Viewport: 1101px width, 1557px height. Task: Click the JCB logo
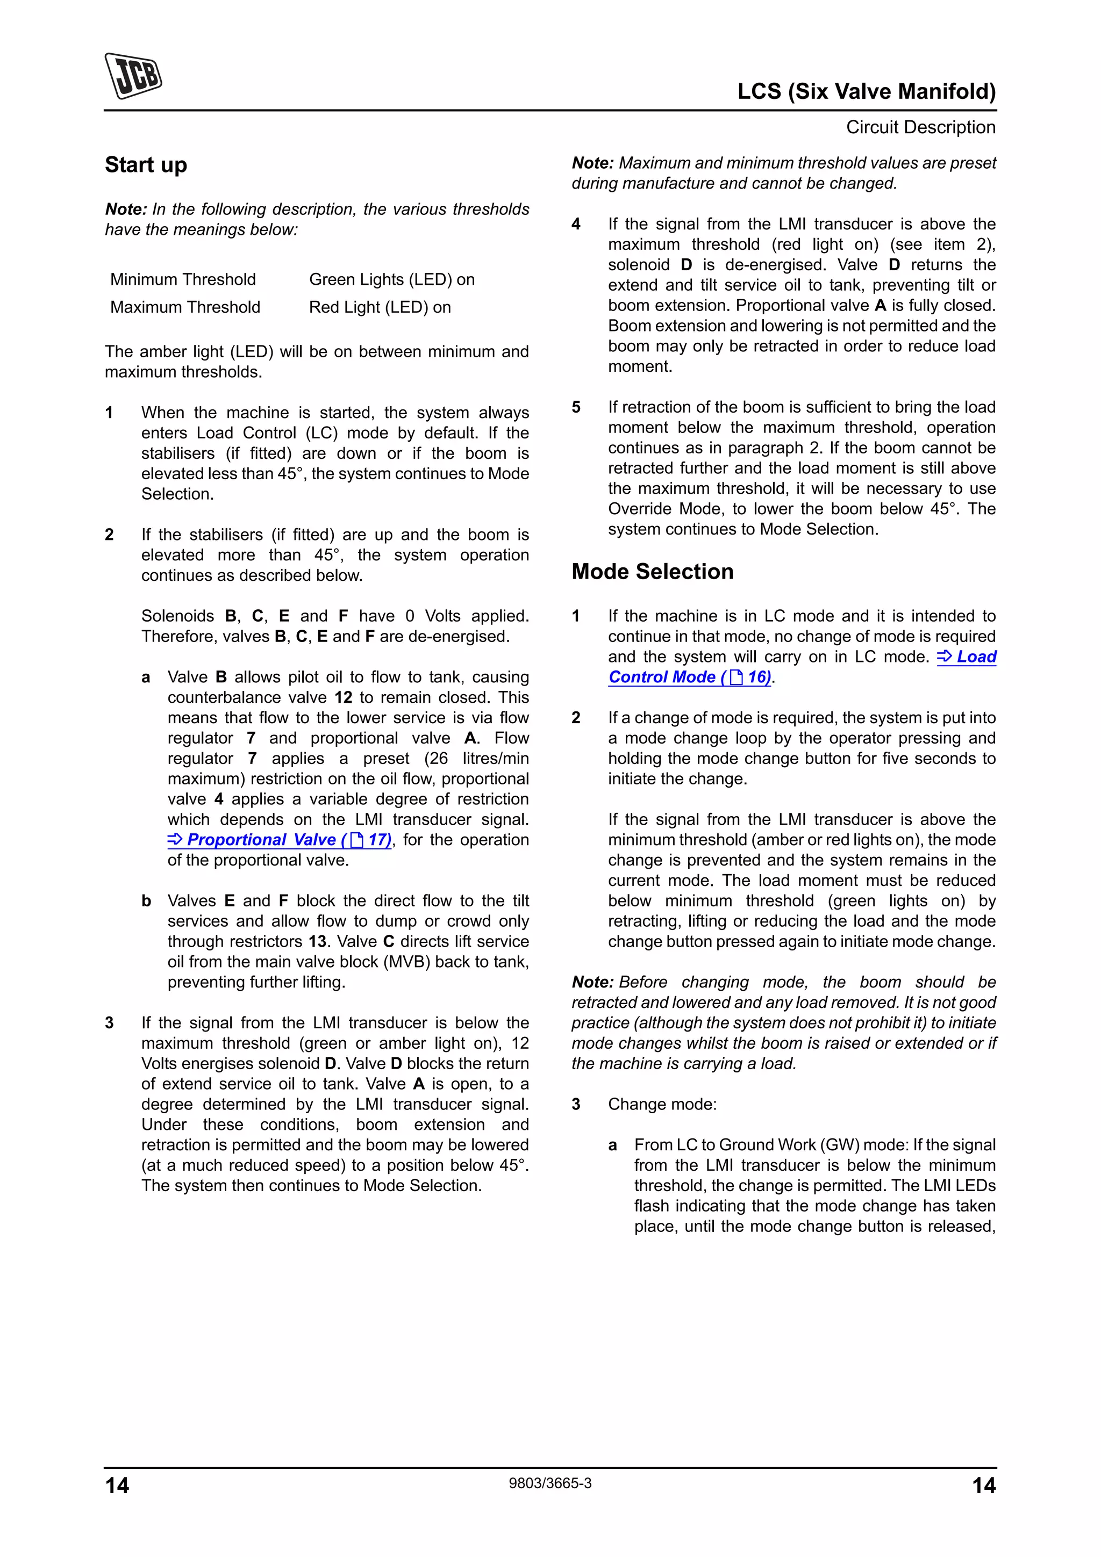(133, 76)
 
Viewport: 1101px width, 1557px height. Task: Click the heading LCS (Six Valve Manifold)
(866, 91)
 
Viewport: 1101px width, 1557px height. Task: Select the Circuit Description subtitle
(920, 127)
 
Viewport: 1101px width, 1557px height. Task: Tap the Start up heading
(146, 165)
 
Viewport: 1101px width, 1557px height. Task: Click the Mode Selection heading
(652, 572)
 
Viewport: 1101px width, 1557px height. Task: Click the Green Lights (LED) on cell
(391, 279)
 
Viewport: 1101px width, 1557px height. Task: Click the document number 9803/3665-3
(550, 1483)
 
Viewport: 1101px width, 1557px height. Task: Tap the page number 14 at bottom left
(117, 1485)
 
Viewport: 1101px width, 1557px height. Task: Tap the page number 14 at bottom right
(984, 1485)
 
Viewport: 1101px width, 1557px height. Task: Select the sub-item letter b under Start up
(146, 900)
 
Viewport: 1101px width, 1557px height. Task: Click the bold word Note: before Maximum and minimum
(592, 163)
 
